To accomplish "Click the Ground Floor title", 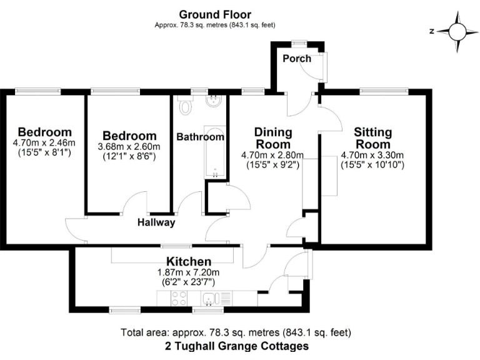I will [x=215, y=14].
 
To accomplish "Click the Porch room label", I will [x=297, y=59].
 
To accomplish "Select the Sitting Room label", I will [x=372, y=138].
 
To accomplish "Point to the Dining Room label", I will [x=273, y=138].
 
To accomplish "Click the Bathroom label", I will [x=199, y=137].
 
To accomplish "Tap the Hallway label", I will [x=156, y=222].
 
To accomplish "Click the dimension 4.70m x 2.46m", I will [x=44, y=143].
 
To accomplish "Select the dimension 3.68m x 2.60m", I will [x=129, y=147].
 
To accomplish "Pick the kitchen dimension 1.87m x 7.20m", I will [x=188, y=272].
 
